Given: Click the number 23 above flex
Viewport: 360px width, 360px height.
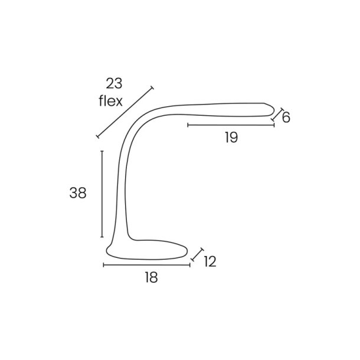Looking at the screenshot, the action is [x=114, y=83].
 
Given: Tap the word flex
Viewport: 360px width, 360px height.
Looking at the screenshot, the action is [x=111, y=101].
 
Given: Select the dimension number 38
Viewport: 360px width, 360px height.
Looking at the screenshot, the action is [x=78, y=193].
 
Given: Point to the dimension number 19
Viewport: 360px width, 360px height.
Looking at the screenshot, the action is [x=231, y=138].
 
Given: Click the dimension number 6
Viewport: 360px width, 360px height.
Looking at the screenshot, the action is [x=286, y=117].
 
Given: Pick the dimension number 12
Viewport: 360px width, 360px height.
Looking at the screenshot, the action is [x=210, y=261].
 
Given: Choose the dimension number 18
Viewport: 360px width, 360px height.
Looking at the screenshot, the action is [x=151, y=277].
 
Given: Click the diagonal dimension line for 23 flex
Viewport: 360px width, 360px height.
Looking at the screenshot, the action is [x=125, y=112].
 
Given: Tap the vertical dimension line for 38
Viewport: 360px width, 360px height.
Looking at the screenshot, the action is [x=102, y=194].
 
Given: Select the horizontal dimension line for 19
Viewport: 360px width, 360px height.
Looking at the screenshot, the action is [x=231, y=125].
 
